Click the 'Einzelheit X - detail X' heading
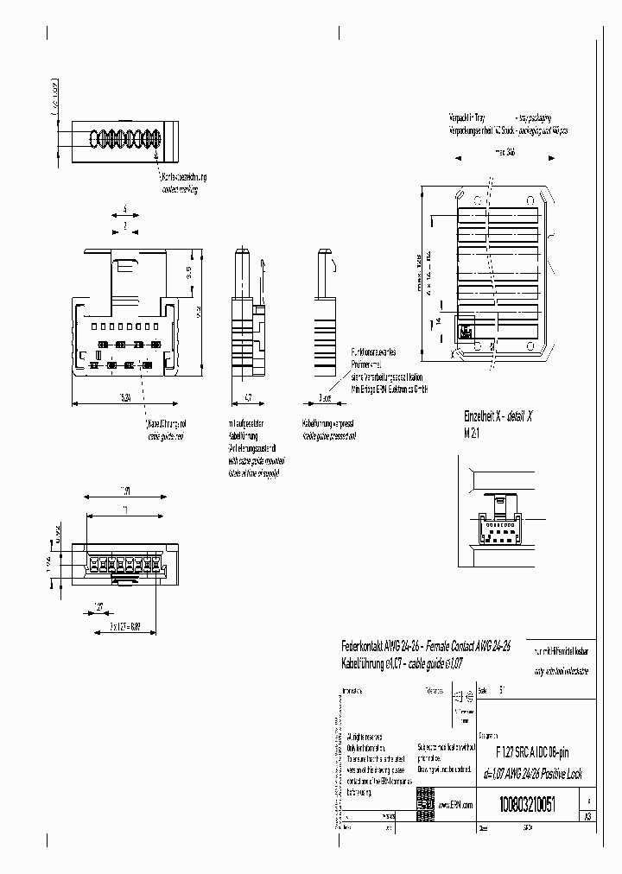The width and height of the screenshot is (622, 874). [x=498, y=415]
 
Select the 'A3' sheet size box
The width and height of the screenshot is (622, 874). [x=587, y=816]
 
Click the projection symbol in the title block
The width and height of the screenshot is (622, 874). [x=466, y=697]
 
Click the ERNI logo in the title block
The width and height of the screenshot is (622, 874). [x=426, y=799]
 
